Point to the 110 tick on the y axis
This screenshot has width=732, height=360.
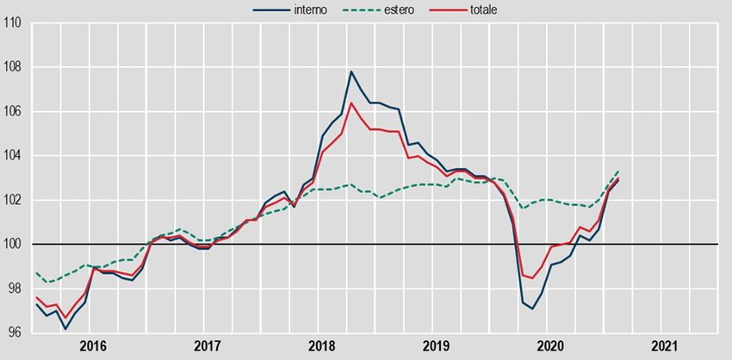[x=12, y=22]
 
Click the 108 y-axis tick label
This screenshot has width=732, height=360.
[x=12, y=67]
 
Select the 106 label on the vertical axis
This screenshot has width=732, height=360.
[x=12, y=112]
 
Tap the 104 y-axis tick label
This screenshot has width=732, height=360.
[x=12, y=156]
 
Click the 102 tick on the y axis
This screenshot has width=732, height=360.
[x=12, y=201]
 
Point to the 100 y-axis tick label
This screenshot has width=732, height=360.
[x=12, y=245]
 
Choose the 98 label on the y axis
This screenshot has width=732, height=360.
[x=12, y=289]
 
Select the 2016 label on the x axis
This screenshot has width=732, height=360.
[x=93, y=346]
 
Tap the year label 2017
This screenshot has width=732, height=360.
[x=208, y=346]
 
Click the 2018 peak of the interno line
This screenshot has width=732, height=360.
[x=351, y=71]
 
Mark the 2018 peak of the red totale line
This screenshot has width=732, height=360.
[x=351, y=103]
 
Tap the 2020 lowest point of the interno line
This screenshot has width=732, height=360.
[x=533, y=308]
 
